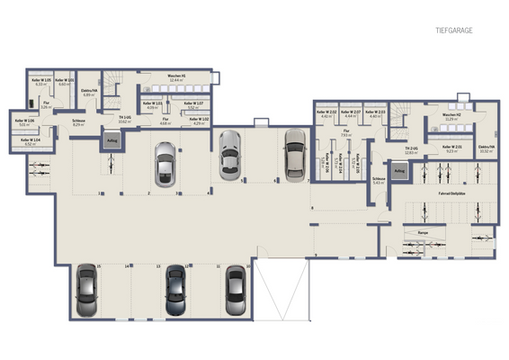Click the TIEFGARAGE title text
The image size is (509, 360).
coord(454,30)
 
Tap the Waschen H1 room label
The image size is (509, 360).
coord(176,77)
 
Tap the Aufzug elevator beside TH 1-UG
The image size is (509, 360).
coord(112,140)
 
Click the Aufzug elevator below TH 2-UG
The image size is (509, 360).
coord(399,170)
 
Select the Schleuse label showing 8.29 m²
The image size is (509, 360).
coord(78,122)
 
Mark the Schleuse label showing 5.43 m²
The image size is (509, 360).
coord(379,181)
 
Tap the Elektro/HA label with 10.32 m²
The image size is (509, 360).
coord(486,149)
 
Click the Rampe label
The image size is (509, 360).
coord(422,231)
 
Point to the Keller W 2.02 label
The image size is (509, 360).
coord(326,114)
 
